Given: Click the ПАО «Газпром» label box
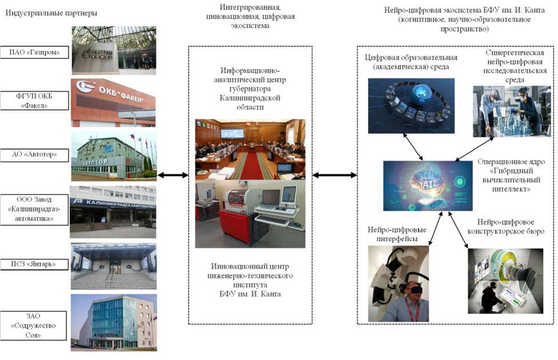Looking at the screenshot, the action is coord(34,53).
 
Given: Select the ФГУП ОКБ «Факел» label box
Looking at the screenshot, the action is coord(34,101).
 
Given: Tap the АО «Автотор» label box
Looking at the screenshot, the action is coord(34,155).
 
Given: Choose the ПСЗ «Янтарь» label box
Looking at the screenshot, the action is coord(34,264).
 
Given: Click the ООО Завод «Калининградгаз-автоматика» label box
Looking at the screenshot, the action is coord(34,210).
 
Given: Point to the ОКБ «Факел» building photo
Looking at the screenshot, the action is coord(113,103).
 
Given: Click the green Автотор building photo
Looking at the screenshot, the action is coord(113,156).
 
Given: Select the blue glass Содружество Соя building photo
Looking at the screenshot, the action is coord(113,322).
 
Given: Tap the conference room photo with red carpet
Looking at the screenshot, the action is coord(250,149).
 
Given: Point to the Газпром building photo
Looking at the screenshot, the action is coord(113,50).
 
